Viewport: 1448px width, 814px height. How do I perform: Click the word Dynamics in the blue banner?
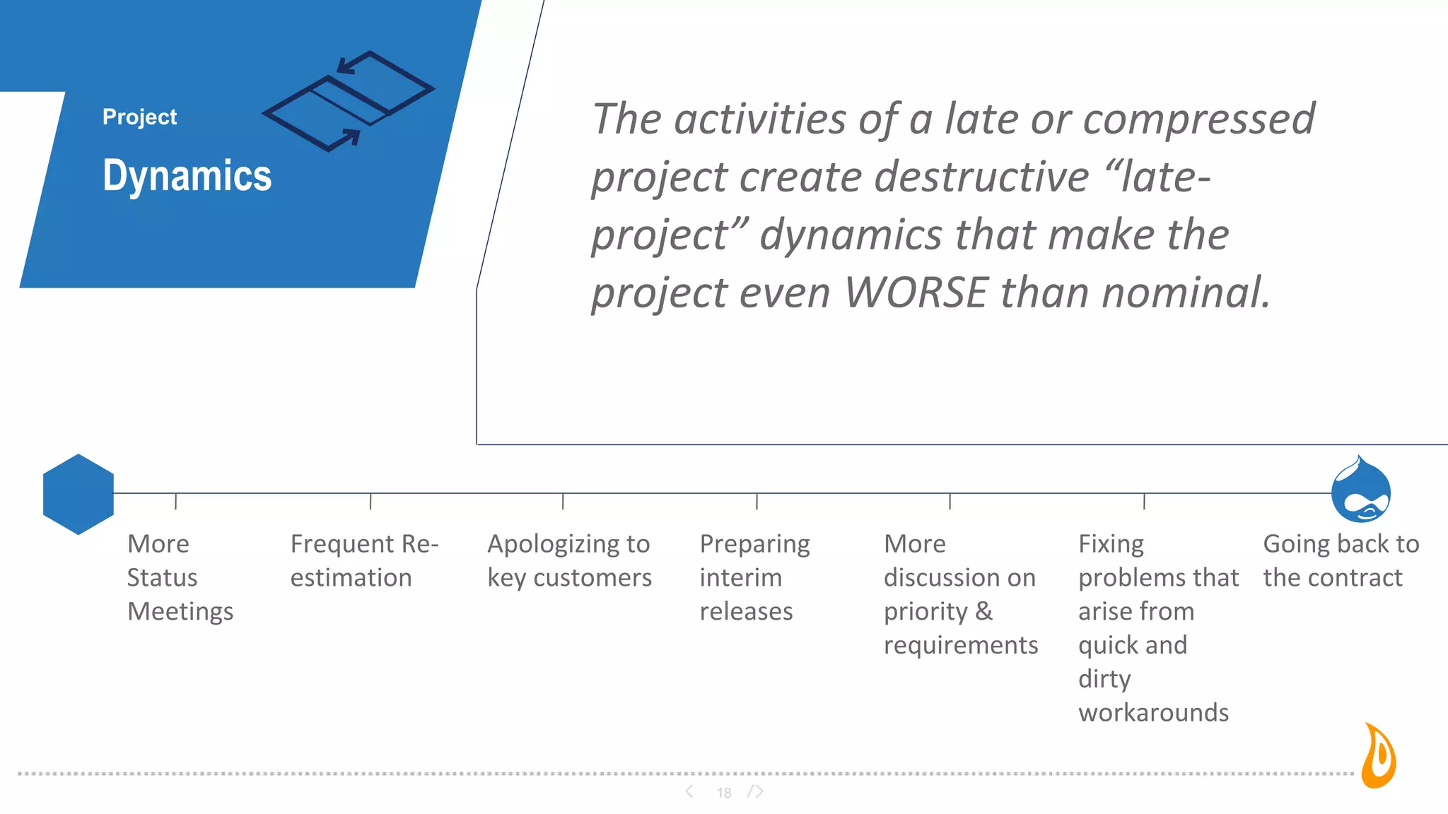coord(187,175)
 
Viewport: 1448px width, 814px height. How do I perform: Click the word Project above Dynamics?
coord(139,117)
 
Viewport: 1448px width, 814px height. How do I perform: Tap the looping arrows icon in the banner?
coord(348,101)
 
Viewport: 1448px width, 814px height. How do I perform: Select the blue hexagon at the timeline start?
coord(78,494)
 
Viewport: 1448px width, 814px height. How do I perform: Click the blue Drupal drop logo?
coord(1360,490)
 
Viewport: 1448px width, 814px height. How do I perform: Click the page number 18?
coord(724,793)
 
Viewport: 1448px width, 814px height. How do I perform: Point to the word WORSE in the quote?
coord(916,293)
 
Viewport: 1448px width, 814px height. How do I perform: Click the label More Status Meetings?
coord(180,577)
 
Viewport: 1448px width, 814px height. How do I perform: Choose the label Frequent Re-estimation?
coord(363,560)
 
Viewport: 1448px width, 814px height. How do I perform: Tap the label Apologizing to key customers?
coord(569,560)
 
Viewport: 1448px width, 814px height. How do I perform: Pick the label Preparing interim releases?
coord(754,577)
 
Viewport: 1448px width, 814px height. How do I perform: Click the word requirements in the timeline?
coord(961,645)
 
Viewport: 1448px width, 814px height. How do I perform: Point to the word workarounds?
coord(1153,712)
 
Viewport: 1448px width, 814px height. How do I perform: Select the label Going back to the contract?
coord(1340,560)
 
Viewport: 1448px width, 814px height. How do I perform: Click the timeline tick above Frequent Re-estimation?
coord(370,501)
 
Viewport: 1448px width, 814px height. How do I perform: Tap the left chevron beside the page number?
coord(689,791)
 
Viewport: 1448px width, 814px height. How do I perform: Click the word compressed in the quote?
coord(1198,119)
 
